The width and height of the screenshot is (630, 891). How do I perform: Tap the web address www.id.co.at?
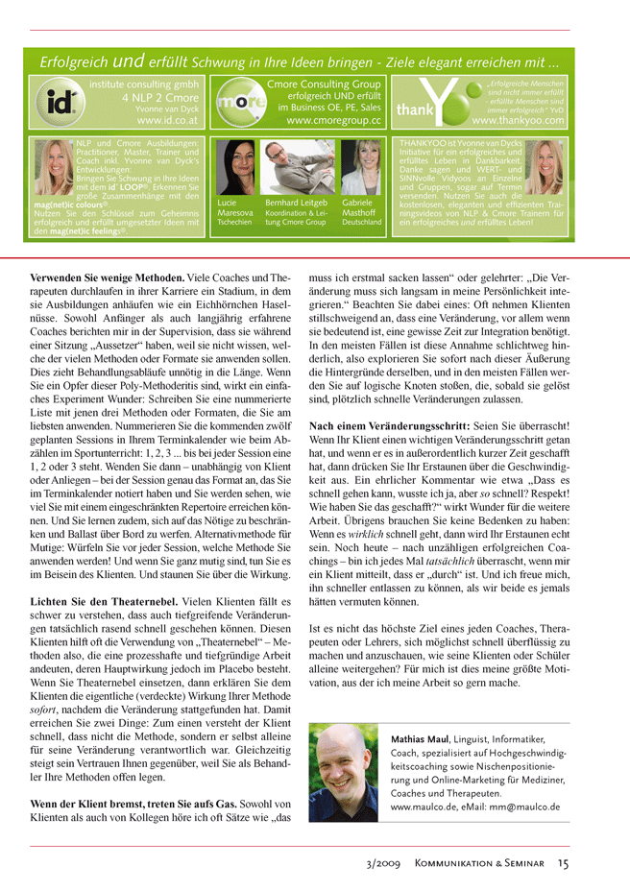click(168, 121)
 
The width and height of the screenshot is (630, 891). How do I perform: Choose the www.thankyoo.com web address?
click(518, 121)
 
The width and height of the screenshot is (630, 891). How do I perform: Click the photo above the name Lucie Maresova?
click(233, 168)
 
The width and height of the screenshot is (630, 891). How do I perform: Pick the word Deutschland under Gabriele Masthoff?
click(362, 222)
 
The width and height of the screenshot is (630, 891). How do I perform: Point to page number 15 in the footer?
click(563, 863)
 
